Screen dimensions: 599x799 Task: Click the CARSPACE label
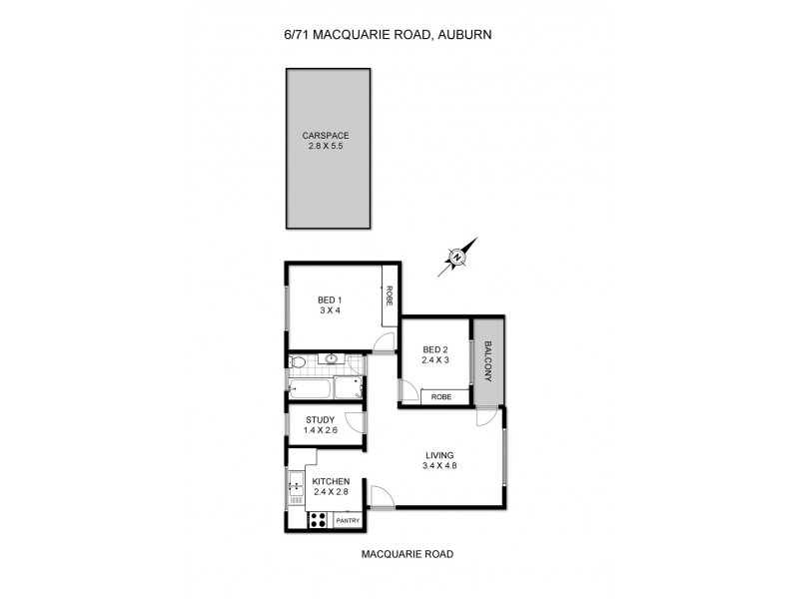tap(330, 135)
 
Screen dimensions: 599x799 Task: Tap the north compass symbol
tap(457, 258)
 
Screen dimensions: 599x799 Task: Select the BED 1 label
tap(330, 300)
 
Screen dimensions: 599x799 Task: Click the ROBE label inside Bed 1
tap(390, 297)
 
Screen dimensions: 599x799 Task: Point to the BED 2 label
tap(436, 349)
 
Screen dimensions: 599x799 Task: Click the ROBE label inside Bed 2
tap(440, 396)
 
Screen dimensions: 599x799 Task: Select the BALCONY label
tap(488, 360)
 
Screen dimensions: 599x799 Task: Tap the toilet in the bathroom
tap(297, 361)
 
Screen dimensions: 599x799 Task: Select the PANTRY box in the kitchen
tap(348, 520)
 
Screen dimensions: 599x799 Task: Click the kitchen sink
tap(296, 488)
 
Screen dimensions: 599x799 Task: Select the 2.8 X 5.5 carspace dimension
tap(330, 146)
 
